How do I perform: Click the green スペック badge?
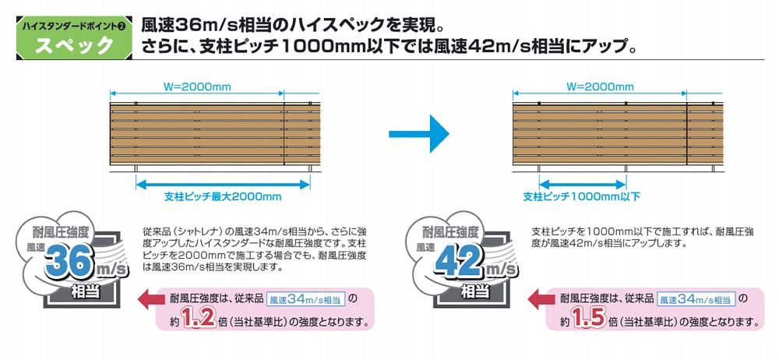tap(75, 38)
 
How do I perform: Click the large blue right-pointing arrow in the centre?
tap(419, 134)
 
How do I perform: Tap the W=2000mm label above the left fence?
tap(197, 87)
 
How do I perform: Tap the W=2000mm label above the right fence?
tap(600, 87)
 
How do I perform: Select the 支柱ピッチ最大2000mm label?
tap(223, 197)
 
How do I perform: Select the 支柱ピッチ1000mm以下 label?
tap(581, 197)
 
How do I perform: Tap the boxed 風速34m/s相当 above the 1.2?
tap(306, 299)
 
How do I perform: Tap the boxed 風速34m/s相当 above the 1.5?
tap(696, 299)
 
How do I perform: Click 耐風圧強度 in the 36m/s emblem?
tap(61, 231)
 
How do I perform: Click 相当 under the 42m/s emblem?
tap(475, 291)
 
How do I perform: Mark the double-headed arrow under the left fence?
tap(223, 185)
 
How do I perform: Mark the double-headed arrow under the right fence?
tap(582, 185)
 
